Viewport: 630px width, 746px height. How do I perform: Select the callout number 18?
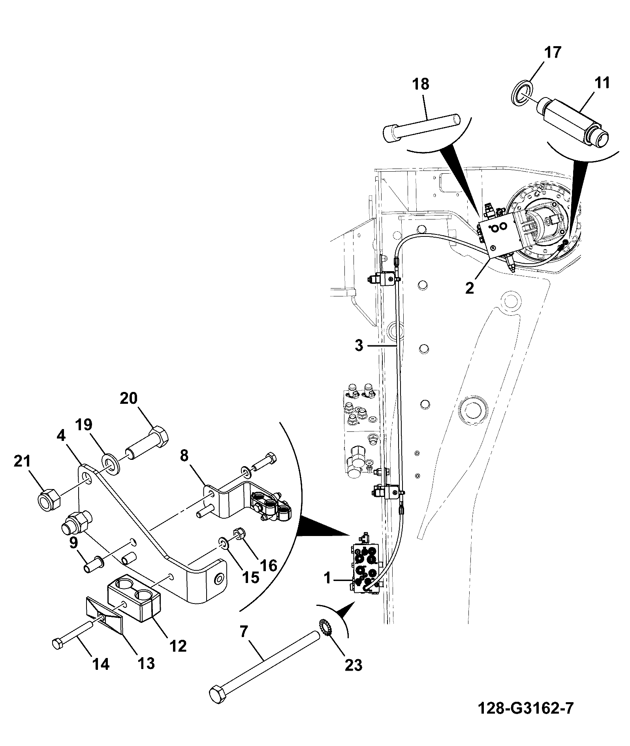(x=421, y=84)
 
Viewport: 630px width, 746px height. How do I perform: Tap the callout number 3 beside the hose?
(x=359, y=346)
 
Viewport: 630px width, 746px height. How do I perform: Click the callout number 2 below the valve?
(x=469, y=288)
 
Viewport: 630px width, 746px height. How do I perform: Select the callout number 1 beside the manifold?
(x=327, y=579)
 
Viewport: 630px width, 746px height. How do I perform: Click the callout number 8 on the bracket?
(x=184, y=456)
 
